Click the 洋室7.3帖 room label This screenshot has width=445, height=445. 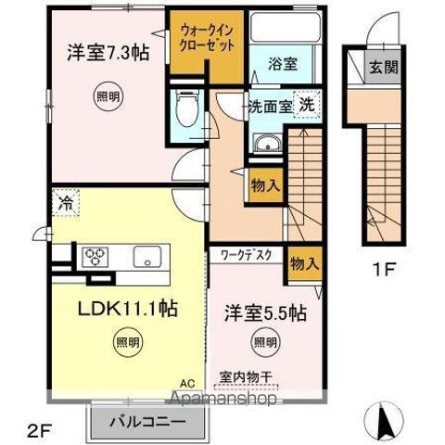click(x=107, y=54)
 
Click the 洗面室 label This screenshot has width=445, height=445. click(x=270, y=105)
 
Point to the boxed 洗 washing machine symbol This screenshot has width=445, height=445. click(x=305, y=104)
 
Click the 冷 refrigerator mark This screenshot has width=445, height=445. click(x=67, y=200)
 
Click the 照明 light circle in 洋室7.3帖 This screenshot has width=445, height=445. click(x=107, y=95)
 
